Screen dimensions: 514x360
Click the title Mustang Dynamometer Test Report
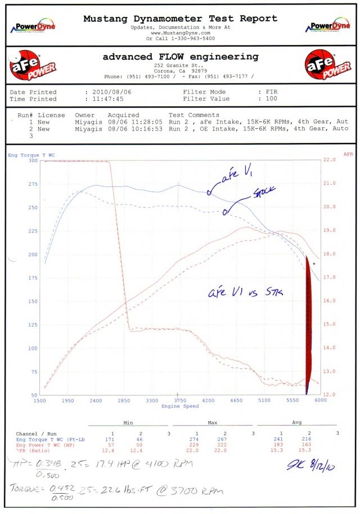[180, 19]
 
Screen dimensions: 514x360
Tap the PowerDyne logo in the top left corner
[35, 26]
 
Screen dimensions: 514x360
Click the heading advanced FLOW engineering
[180, 57]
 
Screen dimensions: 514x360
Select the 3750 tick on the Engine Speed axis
[179, 401]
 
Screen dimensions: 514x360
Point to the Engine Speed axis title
[179, 406]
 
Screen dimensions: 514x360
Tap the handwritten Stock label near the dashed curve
[264, 192]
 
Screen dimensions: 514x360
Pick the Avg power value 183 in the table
[280, 444]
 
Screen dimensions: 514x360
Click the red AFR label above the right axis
[348, 154]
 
